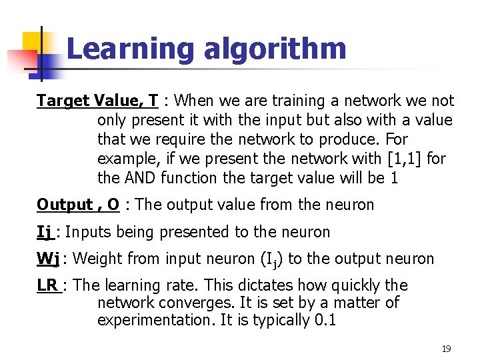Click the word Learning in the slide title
pyautogui.click(x=129, y=49)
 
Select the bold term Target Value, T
pyautogui.click(x=97, y=101)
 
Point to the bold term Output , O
pyautogui.click(x=78, y=205)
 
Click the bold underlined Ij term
pyautogui.click(x=45, y=232)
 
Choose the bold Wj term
pyautogui.click(x=49, y=259)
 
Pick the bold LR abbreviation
pyautogui.click(x=47, y=285)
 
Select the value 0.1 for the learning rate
pyautogui.click(x=324, y=320)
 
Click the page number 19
pyautogui.click(x=446, y=349)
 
